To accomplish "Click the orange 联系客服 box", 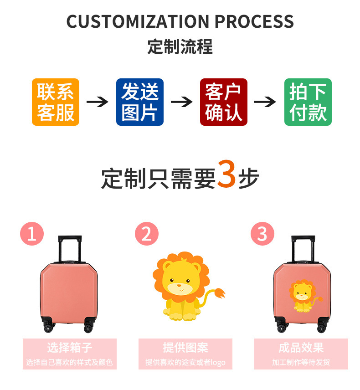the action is tap(55, 102).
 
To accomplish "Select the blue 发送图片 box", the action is tap(139, 102).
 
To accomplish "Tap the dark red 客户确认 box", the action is tap(223, 102).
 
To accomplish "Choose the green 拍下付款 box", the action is tap(308, 102).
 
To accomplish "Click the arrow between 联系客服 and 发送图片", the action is tap(97, 102).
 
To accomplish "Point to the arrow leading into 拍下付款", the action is tap(265, 102).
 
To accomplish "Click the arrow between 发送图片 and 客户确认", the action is tap(181, 102).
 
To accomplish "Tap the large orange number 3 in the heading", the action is tap(226, 174).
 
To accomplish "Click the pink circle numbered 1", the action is tap(32, 234).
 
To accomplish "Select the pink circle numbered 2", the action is tap(147, 234).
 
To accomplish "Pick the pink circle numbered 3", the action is tap(262, 234).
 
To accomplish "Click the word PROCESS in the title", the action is tap(254, 22).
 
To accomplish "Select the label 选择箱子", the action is tap(69, 348).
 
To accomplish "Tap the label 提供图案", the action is tap(185, 348).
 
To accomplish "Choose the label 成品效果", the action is tap(301, 348).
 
